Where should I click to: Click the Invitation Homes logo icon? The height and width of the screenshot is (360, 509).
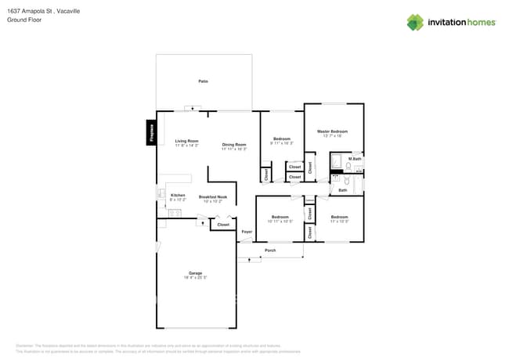[x=415, y=23]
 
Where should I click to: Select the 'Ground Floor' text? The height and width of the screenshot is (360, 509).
[x=24, y=20]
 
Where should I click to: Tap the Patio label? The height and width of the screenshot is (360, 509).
[x=203, y=81]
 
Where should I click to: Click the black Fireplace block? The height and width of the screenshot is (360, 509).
[x=150, y=132]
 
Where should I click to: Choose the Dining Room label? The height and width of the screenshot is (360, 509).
[x=234, y=144]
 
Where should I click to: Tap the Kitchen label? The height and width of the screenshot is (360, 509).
[x=178, y=195]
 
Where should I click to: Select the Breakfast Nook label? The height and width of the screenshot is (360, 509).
[x=213, y=197]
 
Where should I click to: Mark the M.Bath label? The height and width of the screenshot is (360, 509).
[x=355, y=159]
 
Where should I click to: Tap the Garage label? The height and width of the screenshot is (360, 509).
[x=195, y=273]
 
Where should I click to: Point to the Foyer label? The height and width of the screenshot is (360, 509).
[x=247, y=232]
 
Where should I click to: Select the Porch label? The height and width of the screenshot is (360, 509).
[x=270, y=250]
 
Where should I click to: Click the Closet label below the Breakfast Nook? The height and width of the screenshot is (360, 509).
[x=223, y=225]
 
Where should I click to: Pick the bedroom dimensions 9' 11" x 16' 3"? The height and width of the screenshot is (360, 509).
[x=281, y=143]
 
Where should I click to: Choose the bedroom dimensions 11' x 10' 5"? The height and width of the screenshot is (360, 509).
[x=339, y=221]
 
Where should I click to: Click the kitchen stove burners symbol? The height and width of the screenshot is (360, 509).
[x=175, y=212]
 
